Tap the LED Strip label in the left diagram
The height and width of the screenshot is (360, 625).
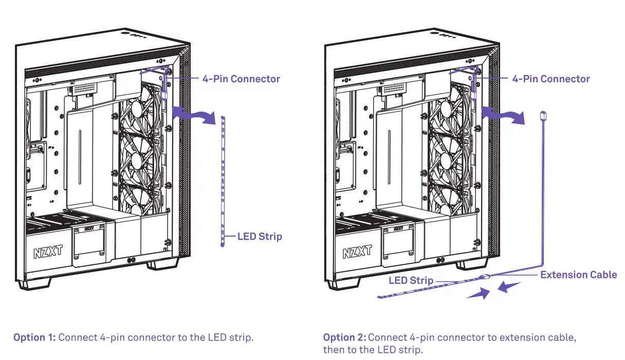260,237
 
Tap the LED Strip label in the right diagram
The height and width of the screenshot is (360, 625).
411,281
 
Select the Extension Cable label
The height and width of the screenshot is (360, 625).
578,275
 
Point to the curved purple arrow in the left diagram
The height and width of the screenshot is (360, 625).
192,114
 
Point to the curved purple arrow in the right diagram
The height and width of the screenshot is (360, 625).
504,114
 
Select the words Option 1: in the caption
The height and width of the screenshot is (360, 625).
34,337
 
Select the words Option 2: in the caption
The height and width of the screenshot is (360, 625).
344,337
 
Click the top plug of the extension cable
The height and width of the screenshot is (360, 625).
544,115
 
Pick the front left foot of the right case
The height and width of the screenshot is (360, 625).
343,284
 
